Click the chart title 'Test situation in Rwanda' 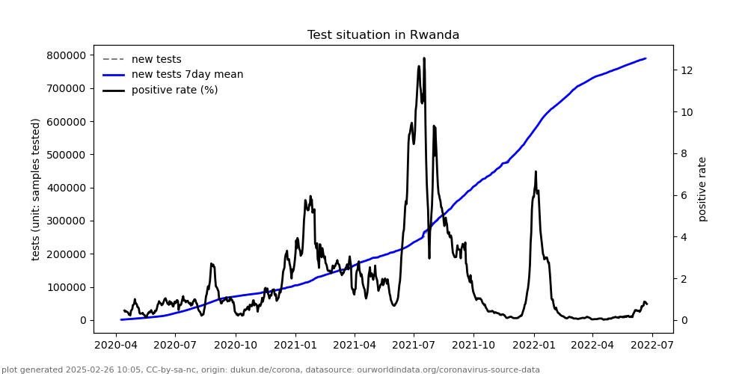(383, 35)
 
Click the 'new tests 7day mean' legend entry (187, 75)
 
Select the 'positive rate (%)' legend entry (174, 91)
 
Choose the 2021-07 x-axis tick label (414, 346)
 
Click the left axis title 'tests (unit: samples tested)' (36, 189)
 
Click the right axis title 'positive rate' (702, 189)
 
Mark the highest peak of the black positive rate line (424, 58)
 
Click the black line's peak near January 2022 (536, 171)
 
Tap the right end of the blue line (646, 58)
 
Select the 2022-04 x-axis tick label (592, 346)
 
